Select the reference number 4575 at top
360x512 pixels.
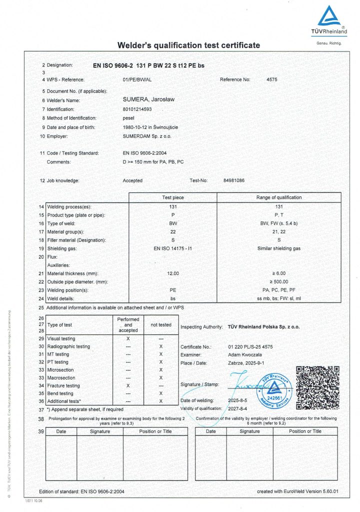click(271, 79)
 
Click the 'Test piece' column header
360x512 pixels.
click(173, 197)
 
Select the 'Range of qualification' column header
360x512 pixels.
click(278, 197)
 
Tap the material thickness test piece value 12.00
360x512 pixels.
click(173, 273)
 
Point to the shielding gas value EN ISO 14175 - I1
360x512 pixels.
click(173, 248)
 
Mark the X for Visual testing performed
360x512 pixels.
click(128, 338)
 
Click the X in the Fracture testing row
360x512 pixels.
click(128, 385)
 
